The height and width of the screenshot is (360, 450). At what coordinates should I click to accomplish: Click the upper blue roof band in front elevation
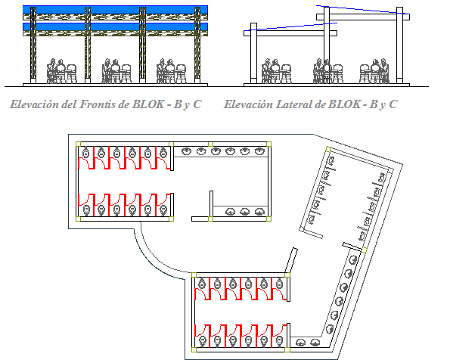(x=117, y=12)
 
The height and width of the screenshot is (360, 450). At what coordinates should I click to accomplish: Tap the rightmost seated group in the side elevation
(x=372, y=71)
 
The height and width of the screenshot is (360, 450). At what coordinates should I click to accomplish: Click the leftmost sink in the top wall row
(x=184, y=151)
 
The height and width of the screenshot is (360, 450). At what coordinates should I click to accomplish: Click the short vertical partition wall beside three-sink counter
(x=209, y=205)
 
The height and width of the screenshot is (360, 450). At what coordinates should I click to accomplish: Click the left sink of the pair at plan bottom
(x=301, y=342)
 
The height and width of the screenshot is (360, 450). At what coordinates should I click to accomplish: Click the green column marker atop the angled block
(x=327, y=151)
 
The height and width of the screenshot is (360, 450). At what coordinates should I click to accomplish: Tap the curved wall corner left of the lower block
(x=151, y=253)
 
